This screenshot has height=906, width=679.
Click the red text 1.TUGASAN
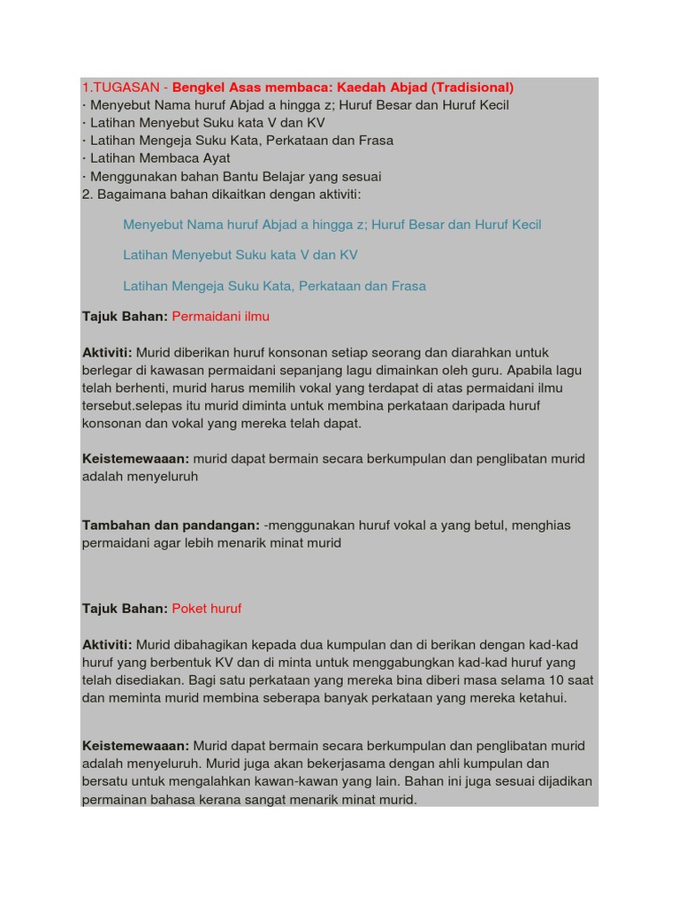coord(120,88)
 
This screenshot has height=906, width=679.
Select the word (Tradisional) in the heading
coord(472,88)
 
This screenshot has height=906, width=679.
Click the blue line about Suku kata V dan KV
coord(240,255)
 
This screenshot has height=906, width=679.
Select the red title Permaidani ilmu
coord(220,316)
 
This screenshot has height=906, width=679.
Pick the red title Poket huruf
coord(206,609)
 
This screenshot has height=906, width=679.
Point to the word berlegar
coord(109,370)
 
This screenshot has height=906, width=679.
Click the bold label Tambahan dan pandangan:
coord(171,526)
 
